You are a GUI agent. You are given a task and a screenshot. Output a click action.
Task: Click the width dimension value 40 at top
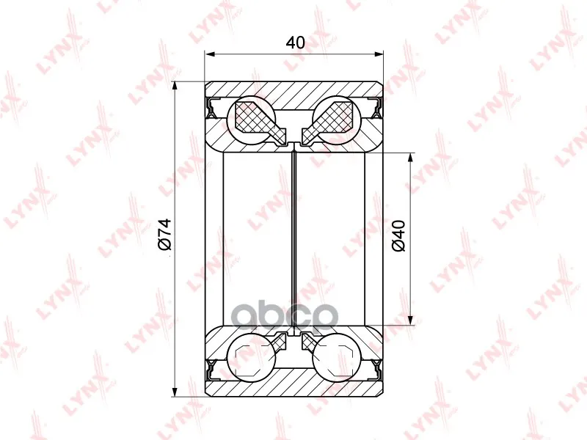click(x=295, y=43)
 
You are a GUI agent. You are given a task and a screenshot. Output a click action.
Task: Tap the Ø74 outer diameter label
click(x=164, y=234)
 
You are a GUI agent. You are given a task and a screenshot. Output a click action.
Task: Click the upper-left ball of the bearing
click(x=252, y=120)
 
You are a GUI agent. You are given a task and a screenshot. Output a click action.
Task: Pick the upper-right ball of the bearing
click(x=337, y=120)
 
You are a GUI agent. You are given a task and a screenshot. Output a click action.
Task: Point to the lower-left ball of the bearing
click(x=252, y=356)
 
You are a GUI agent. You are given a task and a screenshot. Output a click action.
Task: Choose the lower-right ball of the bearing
click(x=337, y=356)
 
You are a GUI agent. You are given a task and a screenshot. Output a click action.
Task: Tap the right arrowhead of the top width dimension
click(x=378, y=54)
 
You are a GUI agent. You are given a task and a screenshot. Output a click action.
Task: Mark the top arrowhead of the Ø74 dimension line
click(x=174, y=87)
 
